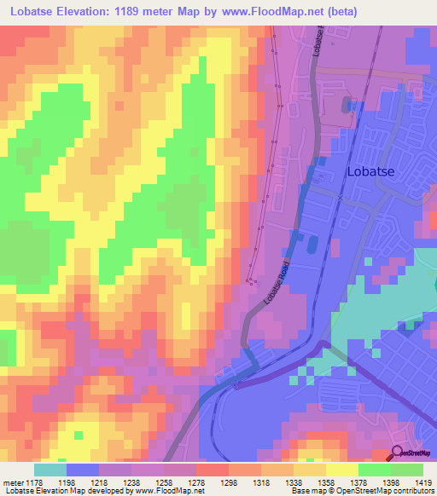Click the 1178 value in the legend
coord(34,482)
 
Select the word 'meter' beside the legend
coord(13,482)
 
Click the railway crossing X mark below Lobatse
coord(340,199)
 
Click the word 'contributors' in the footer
coord(416,492)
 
